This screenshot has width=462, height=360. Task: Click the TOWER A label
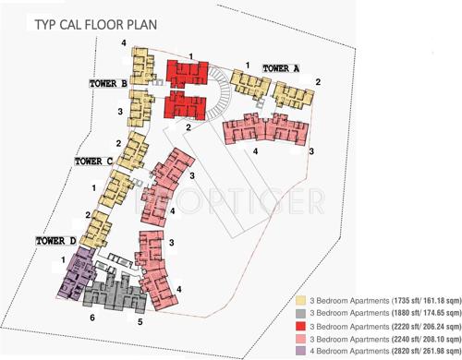[281, 68]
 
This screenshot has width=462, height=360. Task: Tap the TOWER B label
[108, 83]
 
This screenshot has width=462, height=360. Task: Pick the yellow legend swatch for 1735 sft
[300, 301]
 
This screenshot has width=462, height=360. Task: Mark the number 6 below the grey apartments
[92, 318]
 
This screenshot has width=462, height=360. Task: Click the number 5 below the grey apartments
[140, 322]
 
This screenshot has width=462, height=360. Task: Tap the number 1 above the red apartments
[189, 57]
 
